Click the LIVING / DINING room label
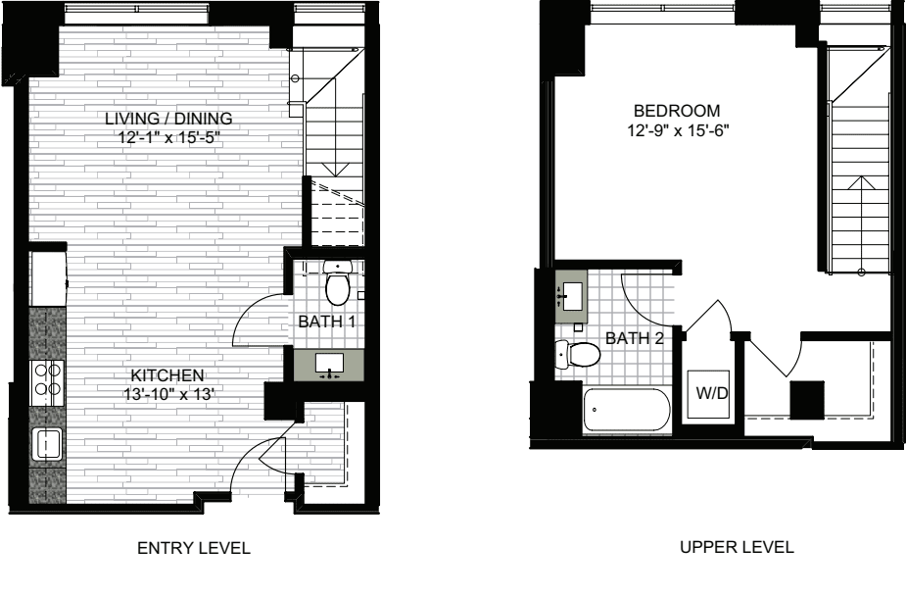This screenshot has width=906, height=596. pyautogui.click(x=168, y=119)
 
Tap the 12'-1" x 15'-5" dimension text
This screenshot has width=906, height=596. pyautogui.click(x=168, y=138)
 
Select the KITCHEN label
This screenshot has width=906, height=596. pyautogui.click(x=167, y=375)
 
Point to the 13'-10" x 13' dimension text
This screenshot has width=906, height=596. pyautogui.click(x=168, y=395)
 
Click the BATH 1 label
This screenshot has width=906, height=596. pyautogui.click(x=327, y=322)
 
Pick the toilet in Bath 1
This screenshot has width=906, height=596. pyautogui.click(x=338, y=282)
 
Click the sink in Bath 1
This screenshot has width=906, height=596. pyautogui.click(x=329, y=366)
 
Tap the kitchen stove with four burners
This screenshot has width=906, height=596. pyautogui.click(x=47, y=382)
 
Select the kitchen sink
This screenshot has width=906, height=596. pyautogui.click(x=47, y=444)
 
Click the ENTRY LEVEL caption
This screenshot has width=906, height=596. pyautogui.click(x=194, y=548)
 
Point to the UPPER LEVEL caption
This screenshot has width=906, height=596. pyautogui.click(x=737, y=547)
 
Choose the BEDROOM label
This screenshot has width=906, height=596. pyautogui.click(x=677, y=111)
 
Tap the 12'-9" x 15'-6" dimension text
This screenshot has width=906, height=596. pyautogui.click(x=679, y=130)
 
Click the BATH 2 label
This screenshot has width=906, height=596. pyautogui.click(x=635, y=338)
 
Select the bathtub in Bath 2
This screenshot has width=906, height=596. pyautogui.click(x=627, y=410)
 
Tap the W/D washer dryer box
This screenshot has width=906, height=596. pyautogui.click(x=711, y=394)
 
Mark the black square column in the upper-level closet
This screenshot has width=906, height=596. pyautogui.click(x=807, y=400)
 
